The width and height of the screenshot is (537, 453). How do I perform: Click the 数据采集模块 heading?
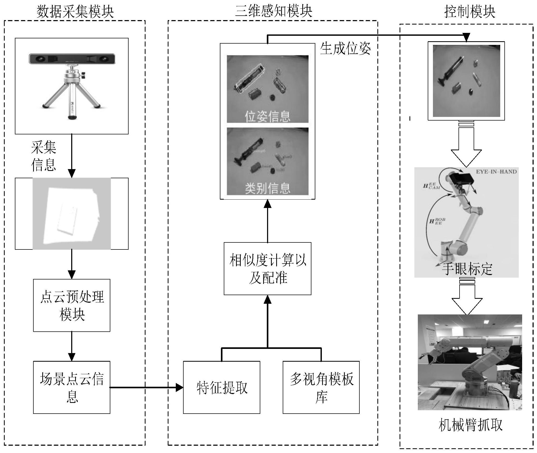75,12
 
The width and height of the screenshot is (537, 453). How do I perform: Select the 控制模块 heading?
469,12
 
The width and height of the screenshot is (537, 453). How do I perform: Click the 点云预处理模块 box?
72,305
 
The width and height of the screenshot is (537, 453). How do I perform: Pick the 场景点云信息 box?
72,387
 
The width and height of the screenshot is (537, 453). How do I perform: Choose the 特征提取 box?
222,387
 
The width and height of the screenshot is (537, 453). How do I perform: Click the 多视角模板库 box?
321,387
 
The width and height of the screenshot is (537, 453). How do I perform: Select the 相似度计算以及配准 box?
268,269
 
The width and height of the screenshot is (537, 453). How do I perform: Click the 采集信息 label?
44,156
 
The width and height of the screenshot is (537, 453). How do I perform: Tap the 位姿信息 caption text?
267,116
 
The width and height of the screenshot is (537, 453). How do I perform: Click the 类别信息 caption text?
267,188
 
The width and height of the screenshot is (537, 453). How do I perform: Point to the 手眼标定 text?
467,269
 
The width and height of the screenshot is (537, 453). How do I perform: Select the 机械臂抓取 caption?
470,425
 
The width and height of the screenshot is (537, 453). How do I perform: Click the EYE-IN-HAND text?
496,172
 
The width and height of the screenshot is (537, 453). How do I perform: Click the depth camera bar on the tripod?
72,59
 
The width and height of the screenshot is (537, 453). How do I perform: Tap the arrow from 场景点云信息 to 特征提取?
146,388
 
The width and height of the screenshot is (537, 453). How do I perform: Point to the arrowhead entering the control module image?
466,37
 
